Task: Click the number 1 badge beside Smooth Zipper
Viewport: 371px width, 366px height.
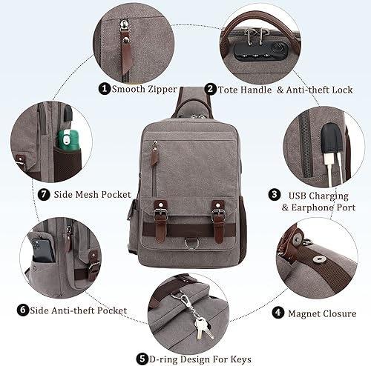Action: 105,89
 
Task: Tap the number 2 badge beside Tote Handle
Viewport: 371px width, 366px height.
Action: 210,89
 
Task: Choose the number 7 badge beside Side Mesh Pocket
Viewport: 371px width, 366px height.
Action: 22,196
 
